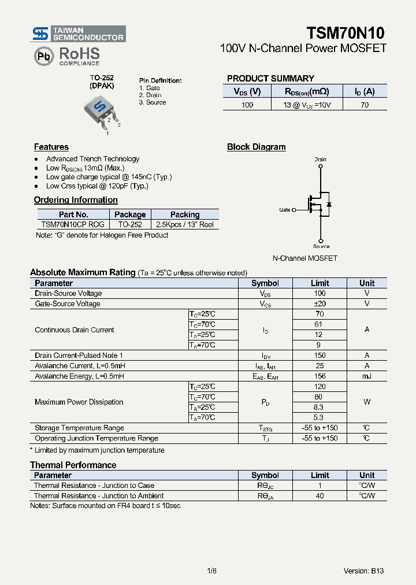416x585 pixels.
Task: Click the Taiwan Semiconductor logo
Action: [x=78, y=34]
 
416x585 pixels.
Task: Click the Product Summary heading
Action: [x=270, y=79]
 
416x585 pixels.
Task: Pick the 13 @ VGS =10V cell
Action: [x=306, y=105]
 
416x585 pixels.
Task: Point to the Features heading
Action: [x=51, y=147]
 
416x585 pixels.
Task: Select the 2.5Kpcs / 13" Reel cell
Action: [x=185, y=224]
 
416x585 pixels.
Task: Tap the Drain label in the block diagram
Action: [x=320, y=159]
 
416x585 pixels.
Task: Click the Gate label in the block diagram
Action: [x=285, y=210]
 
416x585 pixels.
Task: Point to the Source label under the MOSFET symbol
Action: [x=321, y=246]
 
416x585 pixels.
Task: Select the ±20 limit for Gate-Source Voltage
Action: [x=320, y=303]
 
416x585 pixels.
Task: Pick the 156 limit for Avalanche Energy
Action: [x=320, y=376]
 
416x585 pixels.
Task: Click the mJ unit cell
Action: [x=367, y=376]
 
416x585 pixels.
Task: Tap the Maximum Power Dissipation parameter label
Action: [x=79, y=402]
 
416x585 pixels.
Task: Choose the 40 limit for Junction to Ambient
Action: [x=320, y=495]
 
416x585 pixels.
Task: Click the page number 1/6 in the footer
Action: [x=211, y=571]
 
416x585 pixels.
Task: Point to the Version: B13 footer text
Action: [x=363, y=571]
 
